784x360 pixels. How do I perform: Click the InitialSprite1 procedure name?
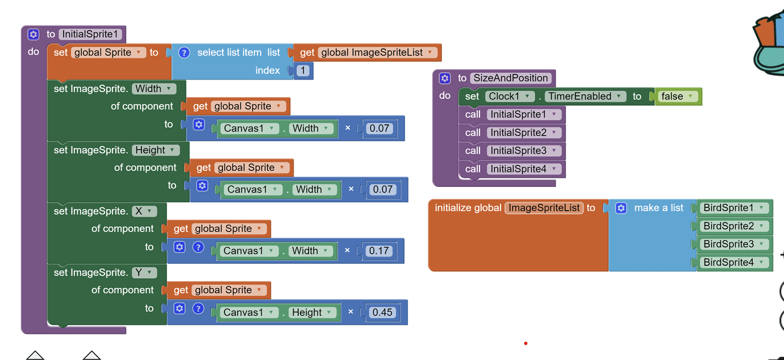point(91,34)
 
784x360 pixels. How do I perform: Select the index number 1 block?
point(303,70)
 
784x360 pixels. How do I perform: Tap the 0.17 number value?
point(379,251)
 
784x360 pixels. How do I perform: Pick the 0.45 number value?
point(382,312)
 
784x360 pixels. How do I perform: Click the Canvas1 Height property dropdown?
point(311,312)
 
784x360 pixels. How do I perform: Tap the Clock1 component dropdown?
point(510,97)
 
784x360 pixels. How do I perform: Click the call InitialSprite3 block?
point(512,150)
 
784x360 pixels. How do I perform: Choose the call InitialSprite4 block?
point(512,169)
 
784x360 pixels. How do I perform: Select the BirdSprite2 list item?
point(733,226)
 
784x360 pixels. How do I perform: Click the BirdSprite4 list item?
point(733,262)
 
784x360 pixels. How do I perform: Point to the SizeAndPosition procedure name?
point(511,78)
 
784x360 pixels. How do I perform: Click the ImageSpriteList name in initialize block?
point(544,208)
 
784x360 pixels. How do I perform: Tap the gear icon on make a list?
point(621,208)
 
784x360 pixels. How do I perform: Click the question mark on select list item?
point(184,52)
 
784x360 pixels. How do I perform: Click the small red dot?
point(526,343)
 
